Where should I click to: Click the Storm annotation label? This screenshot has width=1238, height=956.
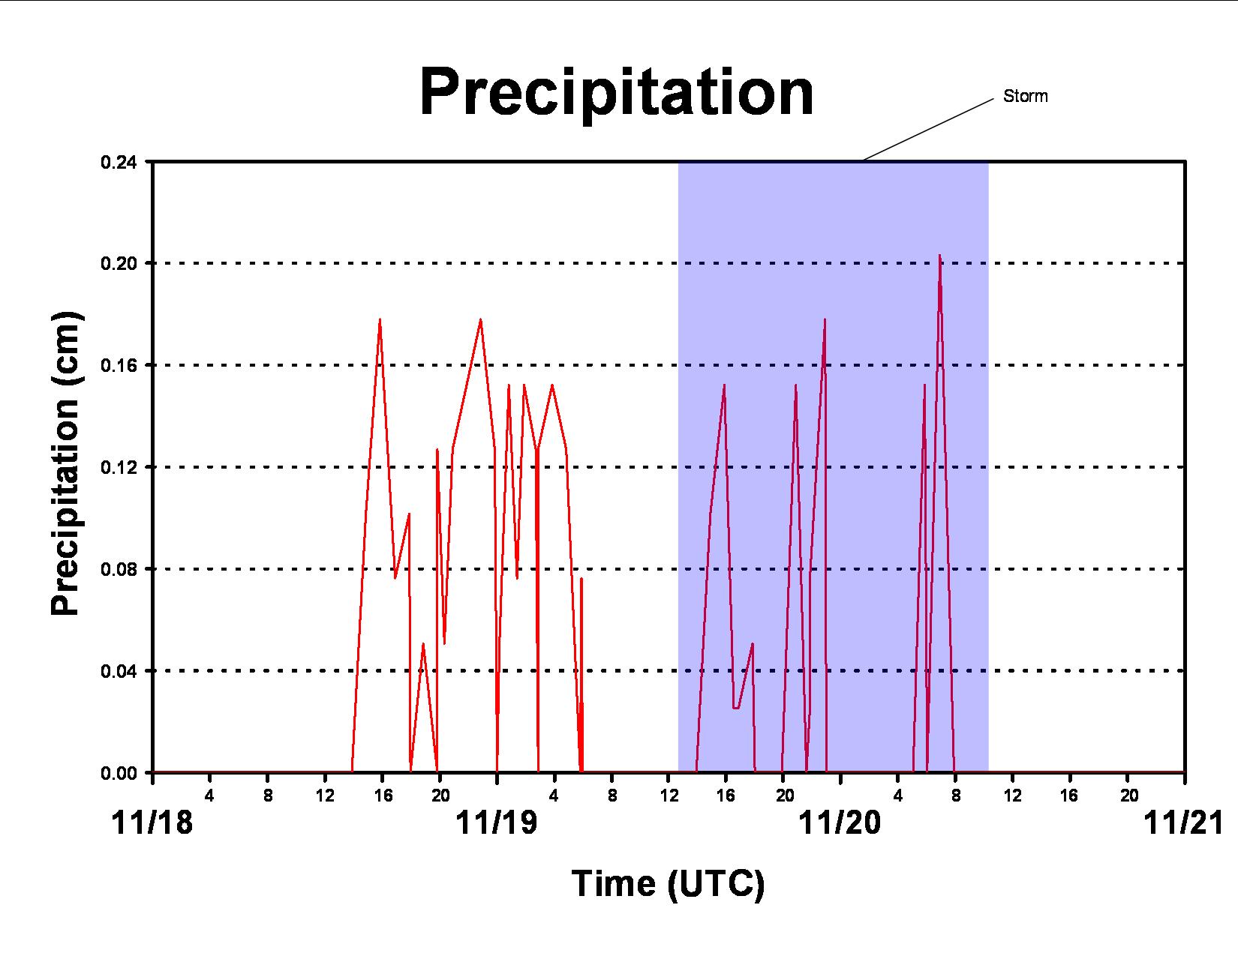click(1025, 96)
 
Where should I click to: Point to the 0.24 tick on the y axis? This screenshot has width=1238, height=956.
click(119, 162)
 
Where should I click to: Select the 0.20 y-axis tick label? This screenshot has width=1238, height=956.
click(119, 264)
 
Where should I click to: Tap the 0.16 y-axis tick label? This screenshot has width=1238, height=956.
click(119, 366)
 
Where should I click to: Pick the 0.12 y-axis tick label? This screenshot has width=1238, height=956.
click(119, 467)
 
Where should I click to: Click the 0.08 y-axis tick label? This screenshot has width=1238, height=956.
click(119, 569)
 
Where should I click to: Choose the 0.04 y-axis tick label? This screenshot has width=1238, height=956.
click(119, 671)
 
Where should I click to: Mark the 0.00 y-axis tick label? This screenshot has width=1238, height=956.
click(119, 773)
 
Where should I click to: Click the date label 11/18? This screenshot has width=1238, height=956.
click(152, 823)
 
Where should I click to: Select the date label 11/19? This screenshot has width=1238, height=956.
click(496, 823)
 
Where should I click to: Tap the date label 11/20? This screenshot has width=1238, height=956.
click(840, 823)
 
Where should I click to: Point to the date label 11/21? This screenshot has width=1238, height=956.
click(1184, 823)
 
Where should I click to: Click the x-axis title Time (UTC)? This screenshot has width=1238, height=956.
click(669, 884)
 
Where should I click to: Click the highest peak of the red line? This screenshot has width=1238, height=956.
click(939, 256)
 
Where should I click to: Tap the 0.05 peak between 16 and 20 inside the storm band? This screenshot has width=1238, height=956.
click(753, 645)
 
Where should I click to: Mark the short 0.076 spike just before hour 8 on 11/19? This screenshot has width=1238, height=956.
click(581, 579)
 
